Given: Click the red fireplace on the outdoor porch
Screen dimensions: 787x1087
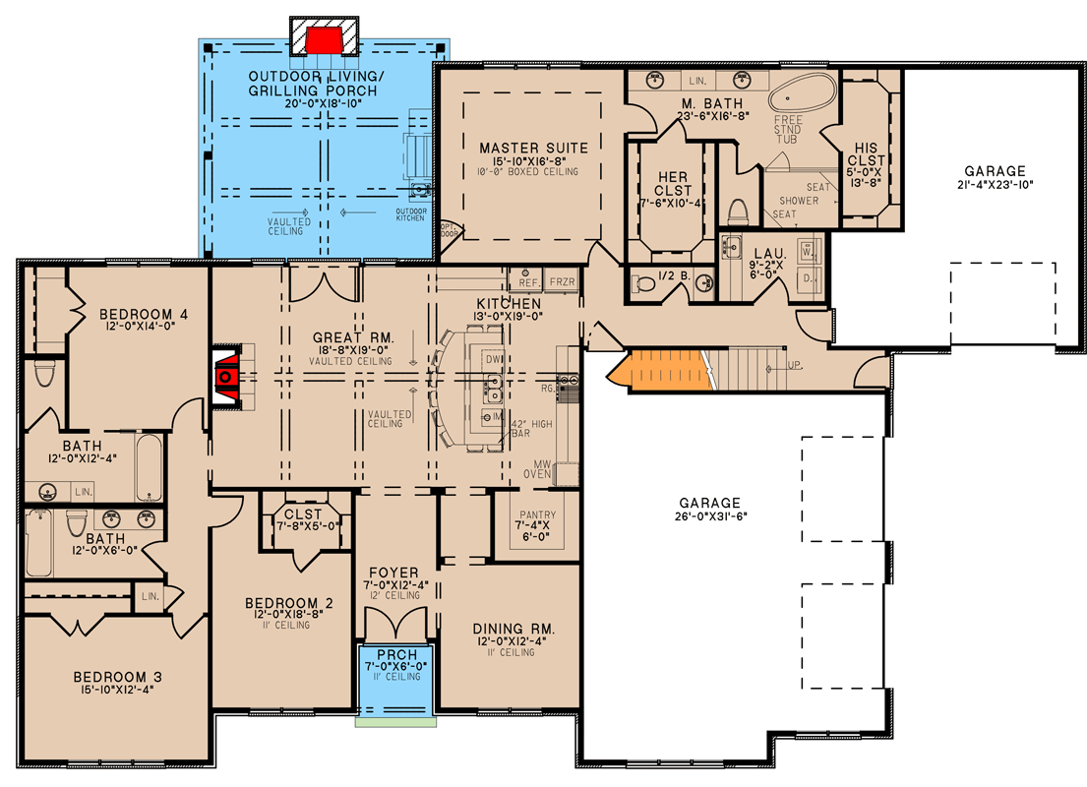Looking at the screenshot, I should (x=323, y=40).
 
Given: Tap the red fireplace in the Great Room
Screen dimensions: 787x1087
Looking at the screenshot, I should (x=227, y=375).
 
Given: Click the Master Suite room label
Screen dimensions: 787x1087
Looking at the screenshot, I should (x=533, y=149).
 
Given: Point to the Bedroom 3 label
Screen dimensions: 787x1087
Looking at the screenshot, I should (x=117, y=677).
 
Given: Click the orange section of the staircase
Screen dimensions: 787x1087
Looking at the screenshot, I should (x=660, y=369).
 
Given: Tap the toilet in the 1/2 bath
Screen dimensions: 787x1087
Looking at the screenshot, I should (x=645, y=284).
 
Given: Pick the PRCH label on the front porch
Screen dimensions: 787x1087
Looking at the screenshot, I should (x=394, y=654).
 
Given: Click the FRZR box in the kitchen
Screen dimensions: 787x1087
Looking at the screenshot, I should (x=561, y=281).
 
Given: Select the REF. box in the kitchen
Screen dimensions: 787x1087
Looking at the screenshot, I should (x=525, y=281).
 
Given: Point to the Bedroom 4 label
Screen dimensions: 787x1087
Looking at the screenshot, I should (x=143, y=315).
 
